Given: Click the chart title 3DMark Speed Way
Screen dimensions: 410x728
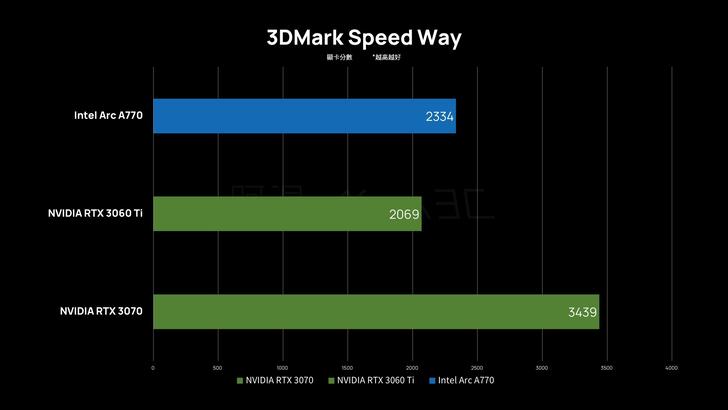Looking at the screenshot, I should point(364,38).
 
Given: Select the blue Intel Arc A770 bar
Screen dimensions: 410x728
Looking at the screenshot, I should point(304,115).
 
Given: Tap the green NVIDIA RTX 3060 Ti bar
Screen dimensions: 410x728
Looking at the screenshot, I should point(287,213).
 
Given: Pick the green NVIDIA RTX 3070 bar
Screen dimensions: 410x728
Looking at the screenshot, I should point(376,311).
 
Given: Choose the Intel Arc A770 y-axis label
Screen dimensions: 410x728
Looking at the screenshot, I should point(108,115).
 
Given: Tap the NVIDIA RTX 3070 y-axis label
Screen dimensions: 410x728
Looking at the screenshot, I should point(101,311).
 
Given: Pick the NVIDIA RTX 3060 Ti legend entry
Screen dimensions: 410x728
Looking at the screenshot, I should point(375,380).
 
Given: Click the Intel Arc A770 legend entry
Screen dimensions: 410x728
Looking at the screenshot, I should point(465,380).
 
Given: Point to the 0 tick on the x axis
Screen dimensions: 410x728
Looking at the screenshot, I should point(153,367).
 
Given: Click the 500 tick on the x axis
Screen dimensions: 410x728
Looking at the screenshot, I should point(218,367).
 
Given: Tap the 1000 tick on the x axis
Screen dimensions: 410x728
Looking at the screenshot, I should point(283,367).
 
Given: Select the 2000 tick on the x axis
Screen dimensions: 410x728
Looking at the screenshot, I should point(412,367).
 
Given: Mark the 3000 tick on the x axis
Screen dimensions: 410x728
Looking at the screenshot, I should point(542,367).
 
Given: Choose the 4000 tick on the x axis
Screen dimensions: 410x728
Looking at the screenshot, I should point(671,367).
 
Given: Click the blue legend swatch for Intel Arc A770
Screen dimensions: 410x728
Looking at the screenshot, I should point(432,380).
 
